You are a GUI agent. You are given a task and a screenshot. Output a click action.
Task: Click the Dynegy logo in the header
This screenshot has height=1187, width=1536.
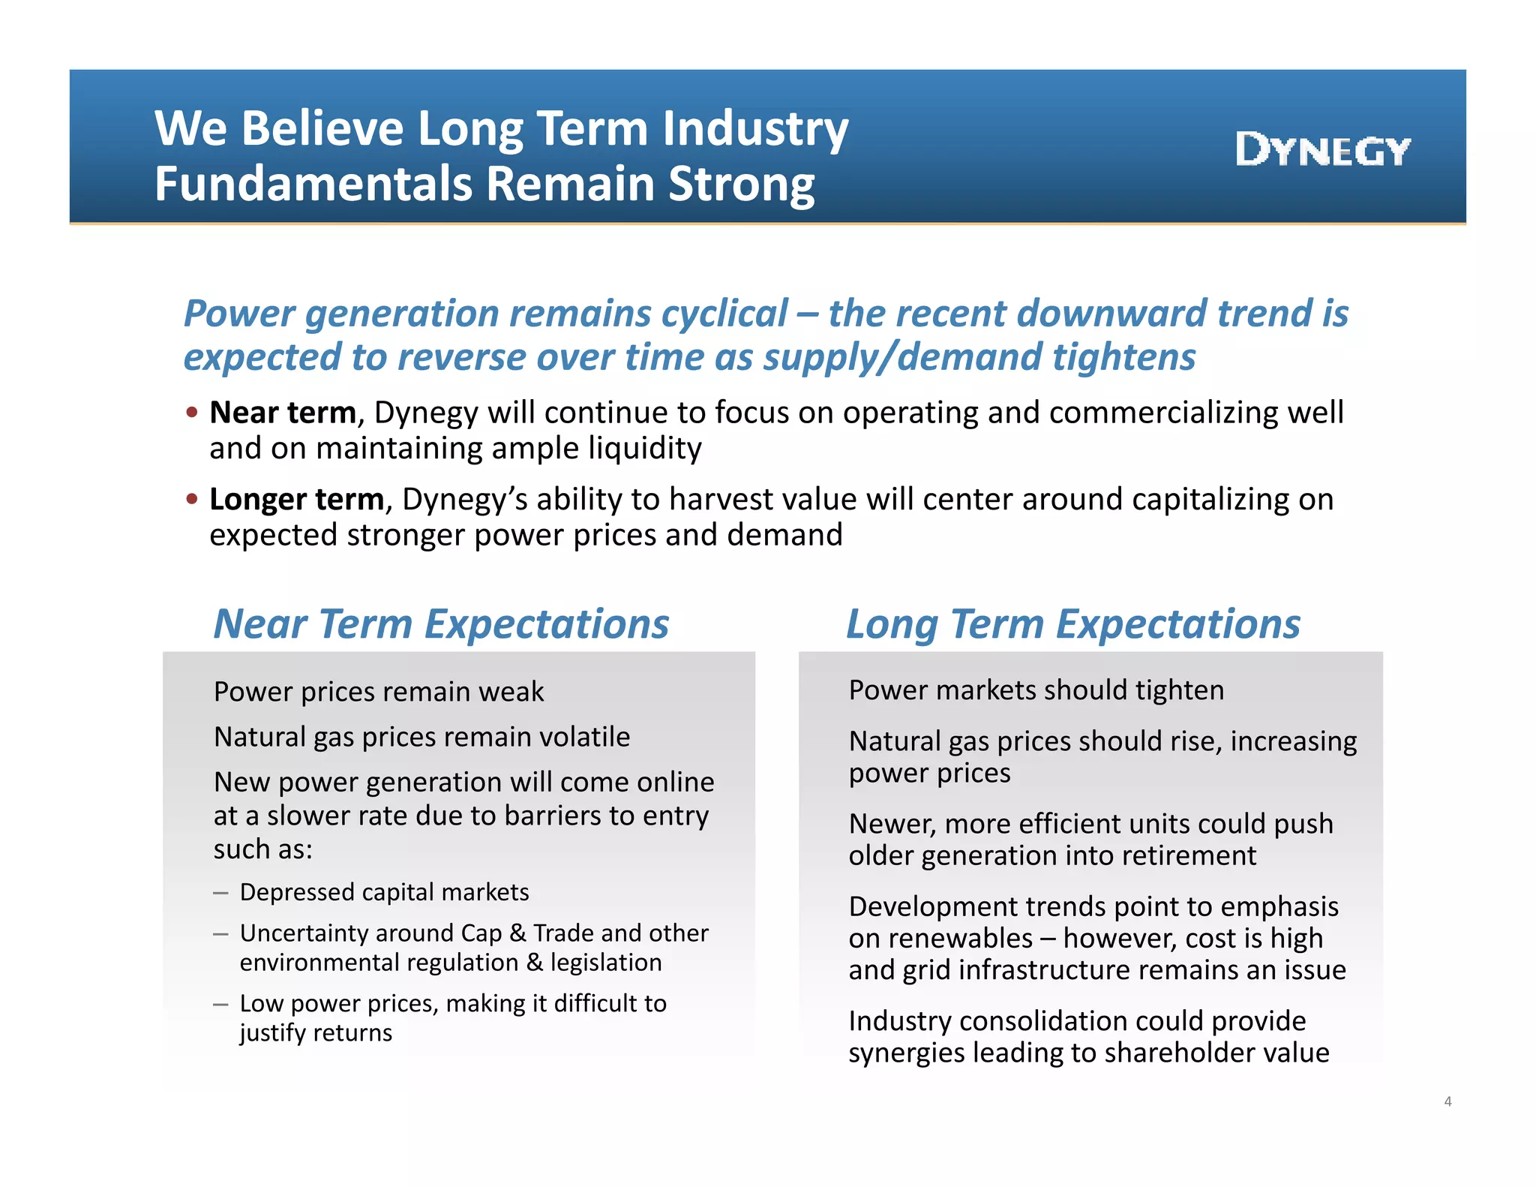[x=1322, y=150]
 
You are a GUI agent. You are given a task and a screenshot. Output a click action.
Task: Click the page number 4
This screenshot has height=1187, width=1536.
[x=1447, y=1101]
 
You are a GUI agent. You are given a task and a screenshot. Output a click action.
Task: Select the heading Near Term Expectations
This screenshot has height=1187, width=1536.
[x=441, y=624]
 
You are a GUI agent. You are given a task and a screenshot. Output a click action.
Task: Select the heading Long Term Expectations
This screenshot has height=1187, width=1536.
[x=1072, y=624]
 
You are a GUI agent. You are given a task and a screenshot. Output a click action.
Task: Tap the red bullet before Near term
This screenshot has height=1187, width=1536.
[x=192, y=412]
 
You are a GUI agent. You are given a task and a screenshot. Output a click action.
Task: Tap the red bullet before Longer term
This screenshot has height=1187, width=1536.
[x=192, y=498]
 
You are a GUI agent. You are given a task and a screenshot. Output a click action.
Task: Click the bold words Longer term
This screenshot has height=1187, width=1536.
[x=296, y=499]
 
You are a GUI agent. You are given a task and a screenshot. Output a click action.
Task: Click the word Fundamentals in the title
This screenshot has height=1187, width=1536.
[x=314, y=184]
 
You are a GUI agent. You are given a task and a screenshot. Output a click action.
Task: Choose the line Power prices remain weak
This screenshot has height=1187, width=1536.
[x=379, y=691]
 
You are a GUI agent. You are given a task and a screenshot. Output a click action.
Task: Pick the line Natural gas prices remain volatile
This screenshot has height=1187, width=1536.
[x=421, y=737]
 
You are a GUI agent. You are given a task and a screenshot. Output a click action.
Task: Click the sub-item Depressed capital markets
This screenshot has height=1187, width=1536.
[x=384, y=892]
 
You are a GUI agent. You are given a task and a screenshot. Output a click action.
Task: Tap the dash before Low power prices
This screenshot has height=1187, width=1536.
[x=220, y=1004]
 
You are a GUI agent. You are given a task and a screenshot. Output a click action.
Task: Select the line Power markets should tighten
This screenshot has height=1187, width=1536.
[x=1036, y=690]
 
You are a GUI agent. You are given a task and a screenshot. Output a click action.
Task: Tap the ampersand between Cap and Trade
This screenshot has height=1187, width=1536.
[x=517, y=933]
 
